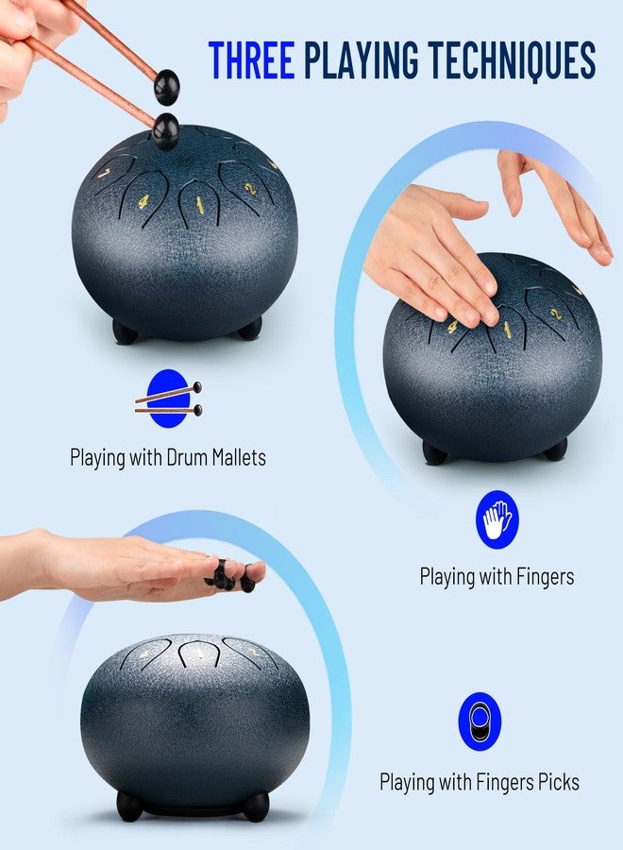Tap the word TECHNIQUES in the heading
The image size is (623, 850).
[512, 59]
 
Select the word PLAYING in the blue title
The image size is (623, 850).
[361, 59]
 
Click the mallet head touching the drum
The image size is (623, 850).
[164, 129]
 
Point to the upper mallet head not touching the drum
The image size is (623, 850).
[167, 87]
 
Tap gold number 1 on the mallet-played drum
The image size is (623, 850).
[199, 204]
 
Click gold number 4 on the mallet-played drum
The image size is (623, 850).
[143, 201]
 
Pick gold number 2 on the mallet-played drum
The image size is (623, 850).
[250, 188]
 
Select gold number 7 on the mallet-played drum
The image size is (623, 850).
[104, 173]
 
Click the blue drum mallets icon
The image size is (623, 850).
[168, 399]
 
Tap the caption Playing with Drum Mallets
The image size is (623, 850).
[168, 457]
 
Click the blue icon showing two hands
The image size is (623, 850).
[497, 519]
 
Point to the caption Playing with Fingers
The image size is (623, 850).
[497, 576]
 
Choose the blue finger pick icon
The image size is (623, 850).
[480, 722]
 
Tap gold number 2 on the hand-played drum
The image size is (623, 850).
[554, 314]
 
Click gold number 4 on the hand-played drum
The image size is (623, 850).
[452, 327]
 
